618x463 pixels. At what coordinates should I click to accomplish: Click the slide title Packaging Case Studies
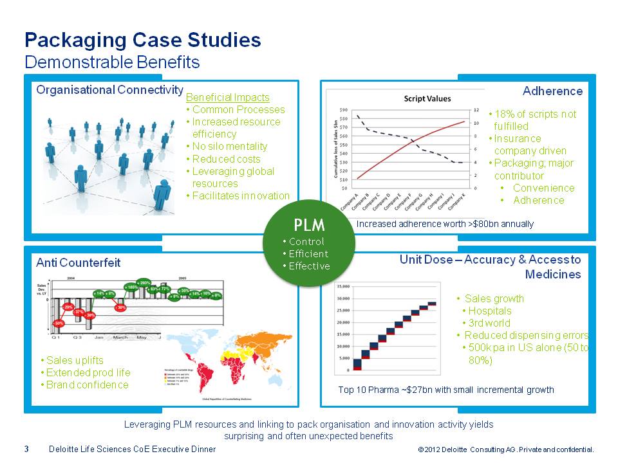pyautogui.click(x=142, y=41)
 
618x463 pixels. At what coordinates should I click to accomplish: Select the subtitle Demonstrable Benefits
pyautogui.click(x=111, y=62)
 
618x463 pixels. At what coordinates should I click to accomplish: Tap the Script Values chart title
pyautogui.click(x=427, y=98)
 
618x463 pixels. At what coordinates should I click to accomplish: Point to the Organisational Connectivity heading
pyautogui.click(x=109, y=90)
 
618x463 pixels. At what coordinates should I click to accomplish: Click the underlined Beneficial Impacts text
pyautogui.click(x=227, y=97)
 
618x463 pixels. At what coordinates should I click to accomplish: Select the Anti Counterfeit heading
pyautogui.click(x=78, y=262)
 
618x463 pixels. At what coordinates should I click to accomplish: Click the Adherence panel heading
pyautogui.click(x=552, y=91)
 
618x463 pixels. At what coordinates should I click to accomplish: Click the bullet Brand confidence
pyautogui.click(x=87, y=385)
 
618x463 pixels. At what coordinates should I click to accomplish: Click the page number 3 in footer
pyautogui.click(x=26, y=449)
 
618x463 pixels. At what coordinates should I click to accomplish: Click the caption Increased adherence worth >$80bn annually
pyautogui.click(x=445, y=224)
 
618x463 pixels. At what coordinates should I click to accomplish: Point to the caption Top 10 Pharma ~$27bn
pyautogui.click(x=445, y=389)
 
